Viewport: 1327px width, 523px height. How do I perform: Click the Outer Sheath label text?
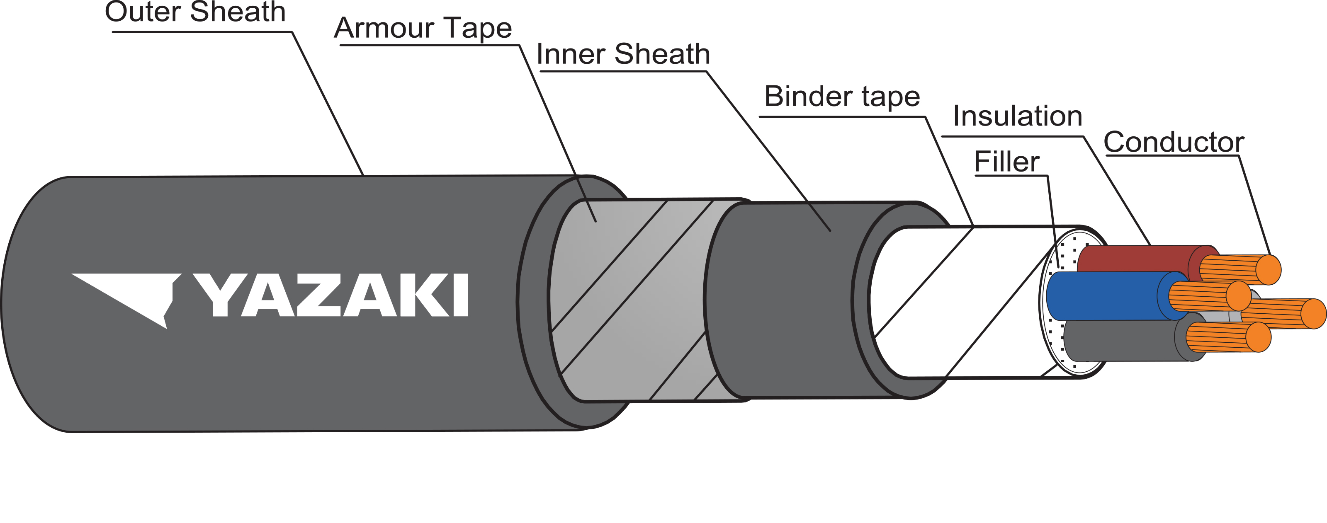[x=195, y=12]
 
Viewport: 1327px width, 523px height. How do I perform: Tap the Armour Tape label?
[x=423, y=28]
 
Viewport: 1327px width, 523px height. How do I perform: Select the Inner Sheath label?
[x=623, y=54]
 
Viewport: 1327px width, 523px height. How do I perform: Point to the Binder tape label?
[x=842, y=96]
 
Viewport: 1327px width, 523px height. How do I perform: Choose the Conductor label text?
[x=1174, y=142]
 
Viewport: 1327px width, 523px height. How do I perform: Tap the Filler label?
[x=1006, y=162]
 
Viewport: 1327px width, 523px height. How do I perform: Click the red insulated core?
[x=1133, y=259]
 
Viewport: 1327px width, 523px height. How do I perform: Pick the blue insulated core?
[x=1102, y=296]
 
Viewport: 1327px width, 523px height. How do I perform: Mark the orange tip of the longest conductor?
[x=1313, y=313]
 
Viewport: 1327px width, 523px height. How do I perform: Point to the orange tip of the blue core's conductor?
[x=1238, y=296]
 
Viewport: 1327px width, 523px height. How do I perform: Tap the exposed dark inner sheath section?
[x=783, y=298]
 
